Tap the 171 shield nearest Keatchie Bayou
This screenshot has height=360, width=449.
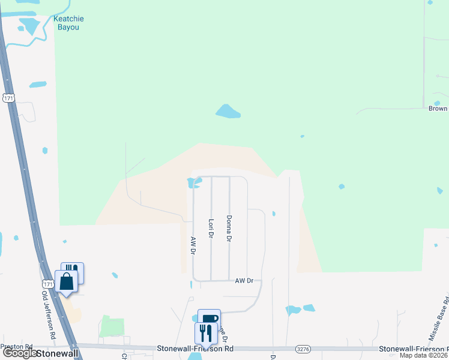[x=8, y=98]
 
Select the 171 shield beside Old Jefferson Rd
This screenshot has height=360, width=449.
[x=47, y=283]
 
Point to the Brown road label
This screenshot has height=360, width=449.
[x=438, y=109]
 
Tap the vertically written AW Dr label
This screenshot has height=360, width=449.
[x=193, y=246]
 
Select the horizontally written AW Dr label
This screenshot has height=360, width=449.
[x=245, y=280]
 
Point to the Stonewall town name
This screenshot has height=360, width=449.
[x=57, y=354]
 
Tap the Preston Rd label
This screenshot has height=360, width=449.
[x=16, y=346]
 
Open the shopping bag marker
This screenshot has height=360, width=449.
[x=66, y=280]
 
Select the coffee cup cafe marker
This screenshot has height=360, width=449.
[x=209, y=319]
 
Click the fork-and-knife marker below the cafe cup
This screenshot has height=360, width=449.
[x=206, y=332]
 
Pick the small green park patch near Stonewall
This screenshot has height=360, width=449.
[x=112, y=326]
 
